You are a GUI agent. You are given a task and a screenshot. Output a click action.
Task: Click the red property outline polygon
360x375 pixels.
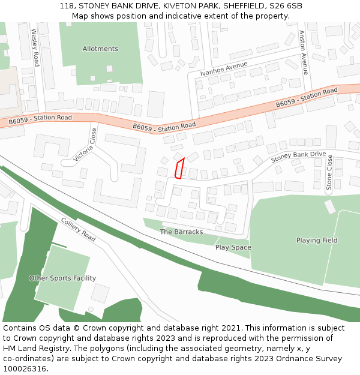179,169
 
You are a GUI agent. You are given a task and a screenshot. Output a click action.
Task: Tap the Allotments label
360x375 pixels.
100,49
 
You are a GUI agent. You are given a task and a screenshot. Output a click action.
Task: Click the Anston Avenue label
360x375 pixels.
304,53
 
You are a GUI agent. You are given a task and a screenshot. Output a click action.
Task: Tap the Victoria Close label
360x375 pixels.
85,145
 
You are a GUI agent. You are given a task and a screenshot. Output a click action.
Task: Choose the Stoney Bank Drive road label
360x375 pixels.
298,157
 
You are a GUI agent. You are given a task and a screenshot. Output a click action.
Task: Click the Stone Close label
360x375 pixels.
329,173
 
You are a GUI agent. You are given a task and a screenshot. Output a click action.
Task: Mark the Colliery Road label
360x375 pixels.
78,229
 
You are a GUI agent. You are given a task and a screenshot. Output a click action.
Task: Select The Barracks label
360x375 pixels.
181,232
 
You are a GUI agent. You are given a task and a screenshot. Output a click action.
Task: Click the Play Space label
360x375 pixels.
233,247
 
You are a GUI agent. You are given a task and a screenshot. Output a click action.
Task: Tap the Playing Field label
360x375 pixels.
317,241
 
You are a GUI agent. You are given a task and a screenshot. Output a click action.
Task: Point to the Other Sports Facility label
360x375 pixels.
62,278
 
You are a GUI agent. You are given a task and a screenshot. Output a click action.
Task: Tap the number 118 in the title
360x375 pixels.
67,6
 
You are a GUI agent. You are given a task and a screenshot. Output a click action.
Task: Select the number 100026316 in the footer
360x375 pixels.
24,368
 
